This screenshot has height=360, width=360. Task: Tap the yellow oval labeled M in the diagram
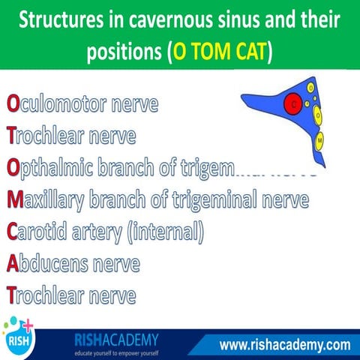320,140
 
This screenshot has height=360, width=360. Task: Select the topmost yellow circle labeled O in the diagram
310,88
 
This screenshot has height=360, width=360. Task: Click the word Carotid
40,232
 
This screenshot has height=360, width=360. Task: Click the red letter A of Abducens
12,265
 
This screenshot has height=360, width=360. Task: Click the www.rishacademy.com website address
284,345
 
